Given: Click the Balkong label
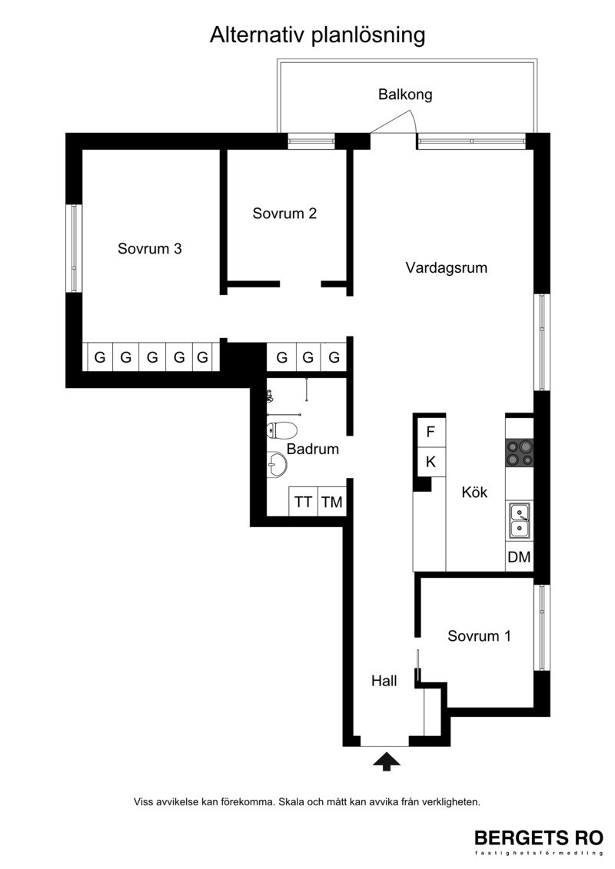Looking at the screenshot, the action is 405,95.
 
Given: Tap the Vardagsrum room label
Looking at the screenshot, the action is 447,268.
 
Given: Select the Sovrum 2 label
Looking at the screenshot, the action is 284,214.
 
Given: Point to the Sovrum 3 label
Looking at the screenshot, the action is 150,248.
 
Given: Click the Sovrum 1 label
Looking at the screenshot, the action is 479,635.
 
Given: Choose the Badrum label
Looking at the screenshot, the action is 313,449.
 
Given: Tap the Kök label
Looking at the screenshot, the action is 474,493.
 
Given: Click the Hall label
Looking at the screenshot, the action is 384,681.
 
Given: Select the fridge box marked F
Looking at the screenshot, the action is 431,432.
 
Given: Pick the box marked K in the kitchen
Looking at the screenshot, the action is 431,461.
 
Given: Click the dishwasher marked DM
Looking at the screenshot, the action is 519,557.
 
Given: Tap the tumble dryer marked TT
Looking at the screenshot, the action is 303,502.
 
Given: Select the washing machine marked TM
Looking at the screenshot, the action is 332,502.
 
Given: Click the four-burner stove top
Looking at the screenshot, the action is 520,453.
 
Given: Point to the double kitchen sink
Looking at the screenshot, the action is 520,520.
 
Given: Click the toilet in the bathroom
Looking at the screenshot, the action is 282,430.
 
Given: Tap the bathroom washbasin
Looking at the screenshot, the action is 277,464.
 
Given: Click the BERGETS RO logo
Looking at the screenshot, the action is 539,838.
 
